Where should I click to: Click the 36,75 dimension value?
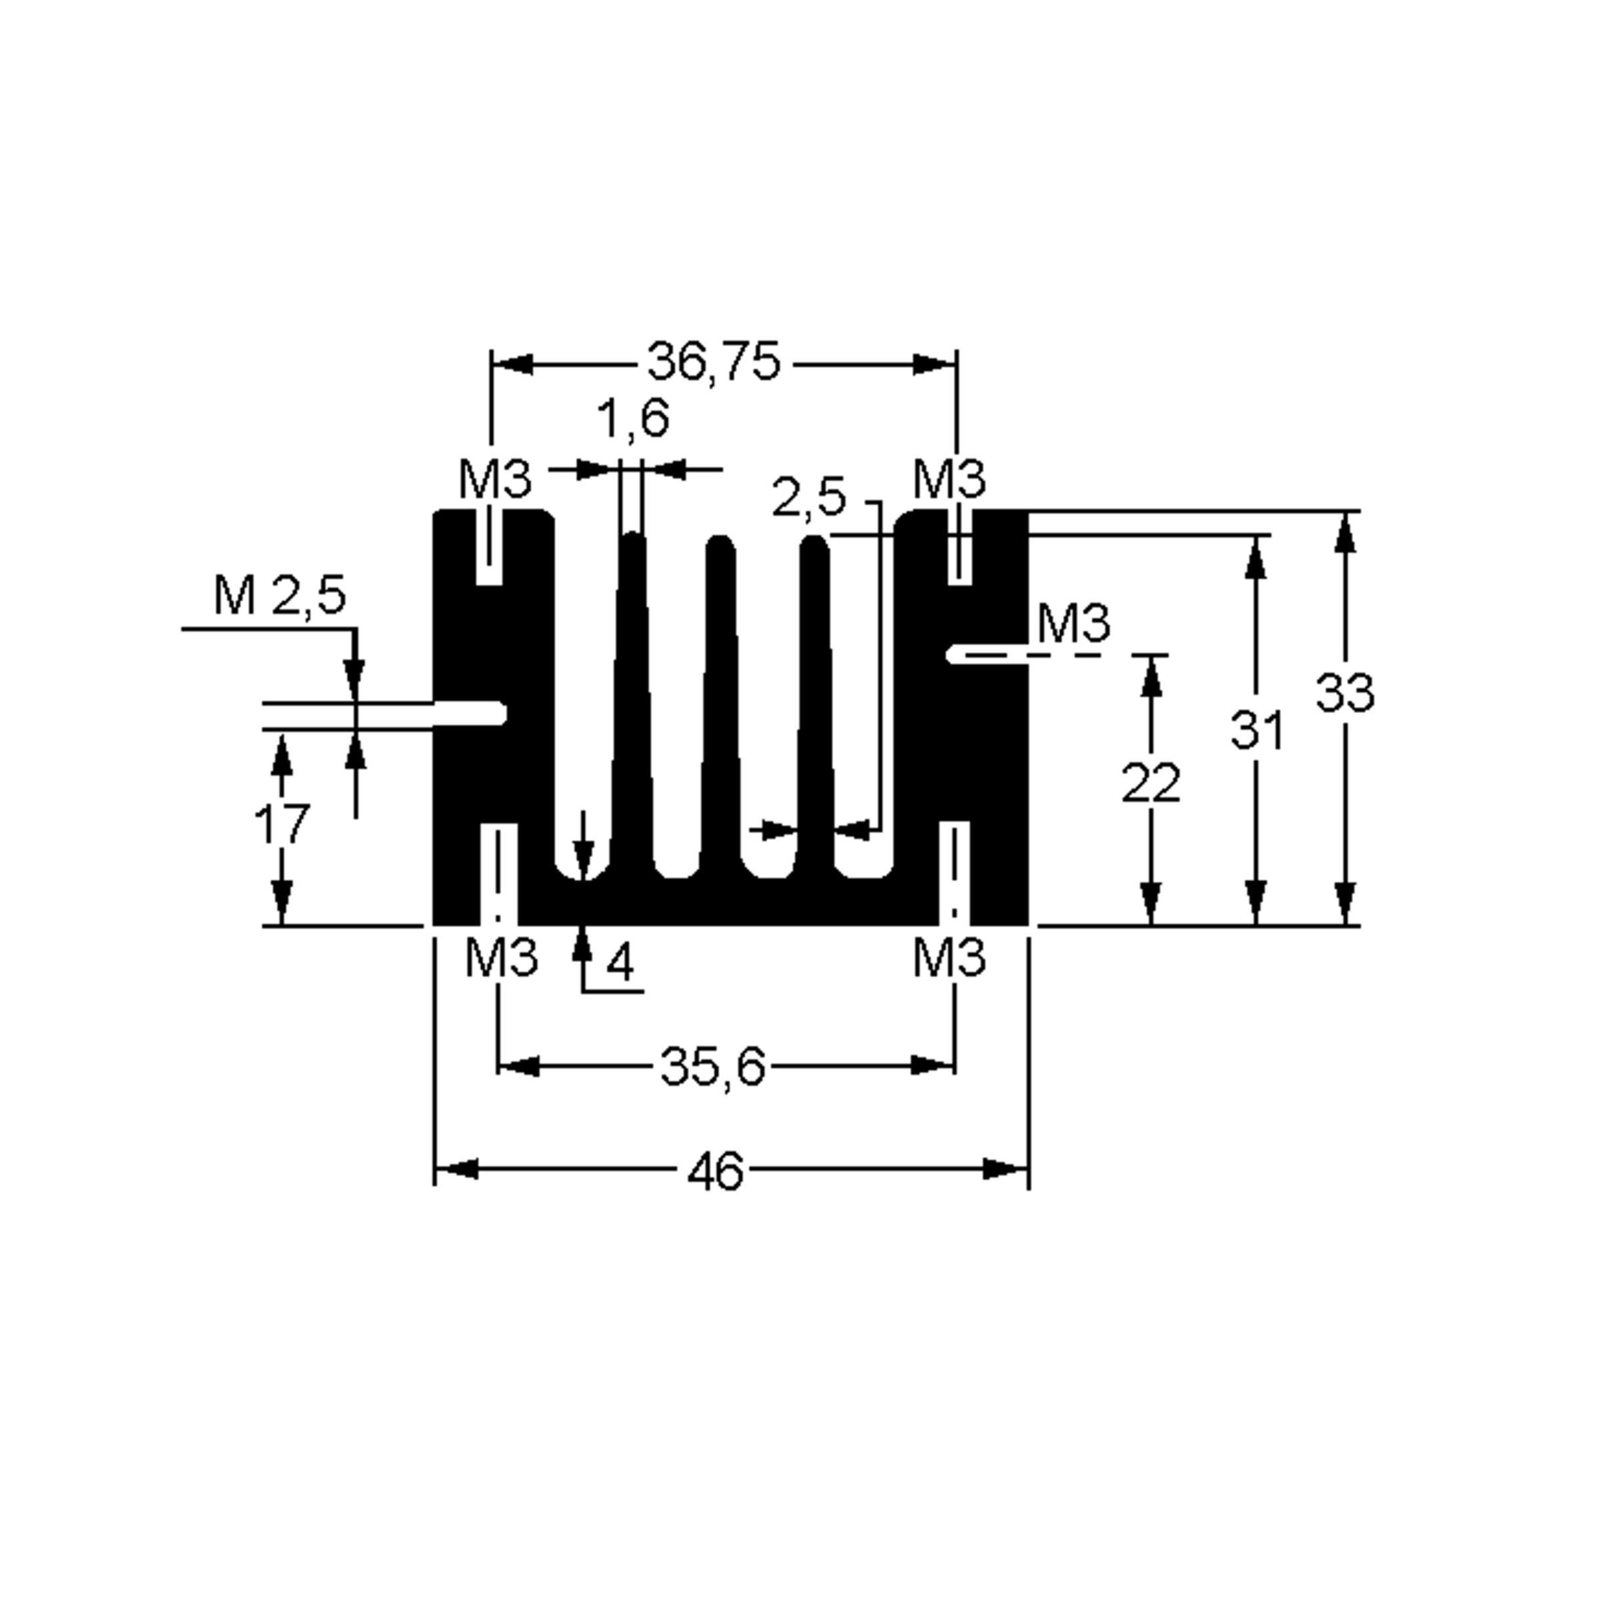tap(713, 362)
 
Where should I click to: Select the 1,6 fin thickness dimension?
tap(633, 419)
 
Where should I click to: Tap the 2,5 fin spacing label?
tap(809, 498)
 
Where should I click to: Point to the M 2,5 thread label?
tap(279, 596)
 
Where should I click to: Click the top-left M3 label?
tap(494, 479)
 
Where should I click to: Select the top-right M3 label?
tap(949, 479)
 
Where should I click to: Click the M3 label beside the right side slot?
tap(1073, 624)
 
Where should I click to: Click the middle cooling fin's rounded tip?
tap(720, 547)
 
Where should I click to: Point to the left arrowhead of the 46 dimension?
tap(455, 1169)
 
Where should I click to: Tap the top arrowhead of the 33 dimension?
tap(1346, 532)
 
